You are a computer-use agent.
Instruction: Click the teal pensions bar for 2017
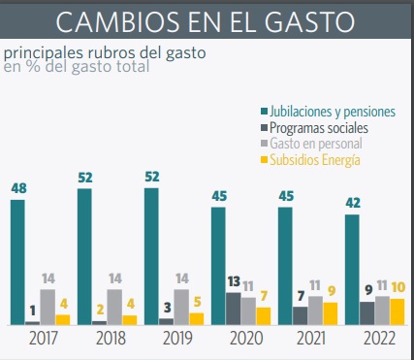point(17,262)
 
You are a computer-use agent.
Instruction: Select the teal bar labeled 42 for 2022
point(352,270)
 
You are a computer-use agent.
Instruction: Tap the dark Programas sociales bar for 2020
point(233,309)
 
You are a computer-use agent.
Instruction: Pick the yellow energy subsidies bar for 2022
point(398,311)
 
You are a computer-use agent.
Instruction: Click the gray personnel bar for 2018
point(114,307)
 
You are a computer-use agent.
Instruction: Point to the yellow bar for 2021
point(331,313)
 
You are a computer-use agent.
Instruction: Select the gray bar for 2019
point(181,307)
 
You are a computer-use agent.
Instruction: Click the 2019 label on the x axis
point(177,339)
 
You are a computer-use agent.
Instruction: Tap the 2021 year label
point(311,339)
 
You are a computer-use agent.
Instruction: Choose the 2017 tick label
point(44,339)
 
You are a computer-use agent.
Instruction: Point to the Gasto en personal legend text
point(316,144)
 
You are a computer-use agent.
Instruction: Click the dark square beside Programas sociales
point(265,128)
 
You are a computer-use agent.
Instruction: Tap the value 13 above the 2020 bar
point(234,281)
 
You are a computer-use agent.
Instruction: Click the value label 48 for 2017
point(18,188)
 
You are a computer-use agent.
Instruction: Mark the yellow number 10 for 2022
point(398,287)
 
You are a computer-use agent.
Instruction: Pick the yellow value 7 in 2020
point(264,296)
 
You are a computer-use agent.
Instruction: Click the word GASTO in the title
point(309,22)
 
